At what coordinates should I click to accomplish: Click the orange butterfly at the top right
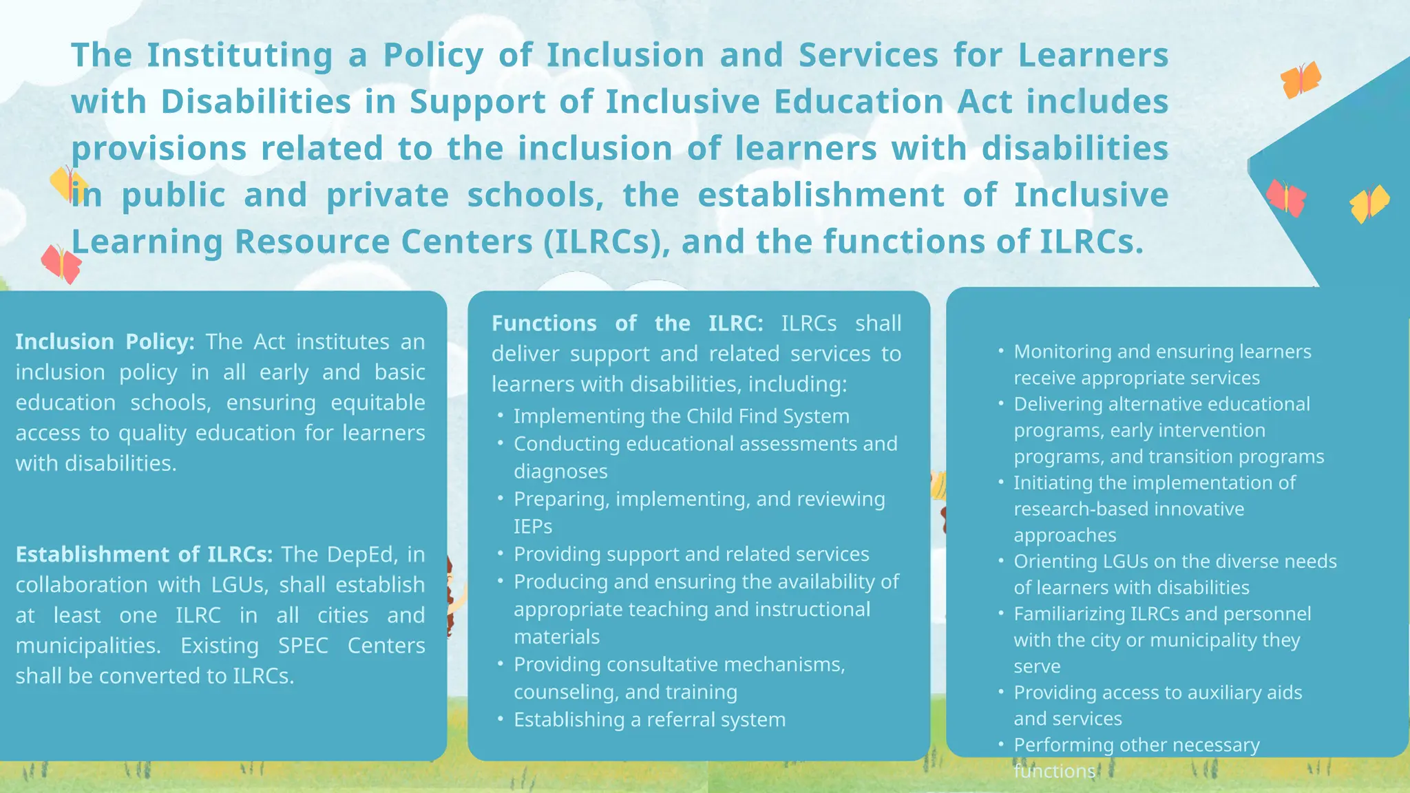[1300, 80]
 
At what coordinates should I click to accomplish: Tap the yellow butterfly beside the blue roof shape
[1369, 204]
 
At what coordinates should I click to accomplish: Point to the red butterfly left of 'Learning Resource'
[61, 264]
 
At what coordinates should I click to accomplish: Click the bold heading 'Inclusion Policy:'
[105, 342]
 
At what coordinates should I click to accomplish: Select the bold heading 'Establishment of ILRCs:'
[144, 555]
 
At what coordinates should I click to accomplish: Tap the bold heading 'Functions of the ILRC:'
[627, 324]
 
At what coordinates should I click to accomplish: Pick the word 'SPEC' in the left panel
[303, 646]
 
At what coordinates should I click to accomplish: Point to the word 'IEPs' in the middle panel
[533, 527]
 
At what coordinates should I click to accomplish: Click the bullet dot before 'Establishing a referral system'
[501, 719]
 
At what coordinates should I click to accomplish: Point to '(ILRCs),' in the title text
[606, 242]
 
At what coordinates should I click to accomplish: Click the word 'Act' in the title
[985, 102]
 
